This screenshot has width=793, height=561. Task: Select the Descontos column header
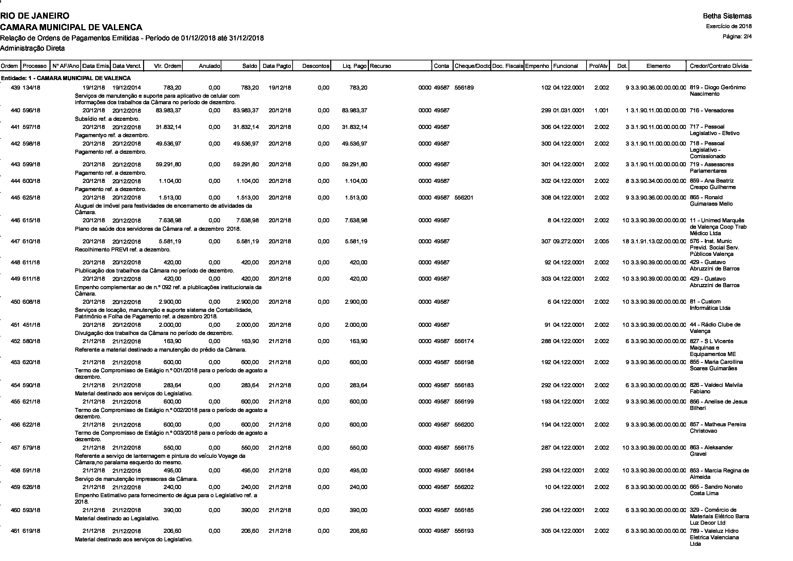[x=315, y=66]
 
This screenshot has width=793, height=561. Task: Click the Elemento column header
[x=658, y=66]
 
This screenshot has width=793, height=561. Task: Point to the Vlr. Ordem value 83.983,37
[x=168, y=111]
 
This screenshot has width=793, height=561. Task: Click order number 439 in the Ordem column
[x=16, y=88]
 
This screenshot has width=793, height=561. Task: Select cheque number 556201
[x=464, y=198]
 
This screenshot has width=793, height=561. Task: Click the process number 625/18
[x=32, y=198]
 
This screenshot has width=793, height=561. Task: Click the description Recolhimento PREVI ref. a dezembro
[x=123, y=249]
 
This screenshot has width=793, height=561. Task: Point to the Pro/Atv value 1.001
[x=601, y=111]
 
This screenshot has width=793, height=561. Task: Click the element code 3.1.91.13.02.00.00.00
[x=658, y=241]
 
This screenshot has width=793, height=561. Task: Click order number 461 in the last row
[x=16, y=531]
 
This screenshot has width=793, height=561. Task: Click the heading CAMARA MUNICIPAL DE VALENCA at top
[x=71, y=27]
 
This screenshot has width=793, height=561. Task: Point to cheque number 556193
[x=464, y=531]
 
